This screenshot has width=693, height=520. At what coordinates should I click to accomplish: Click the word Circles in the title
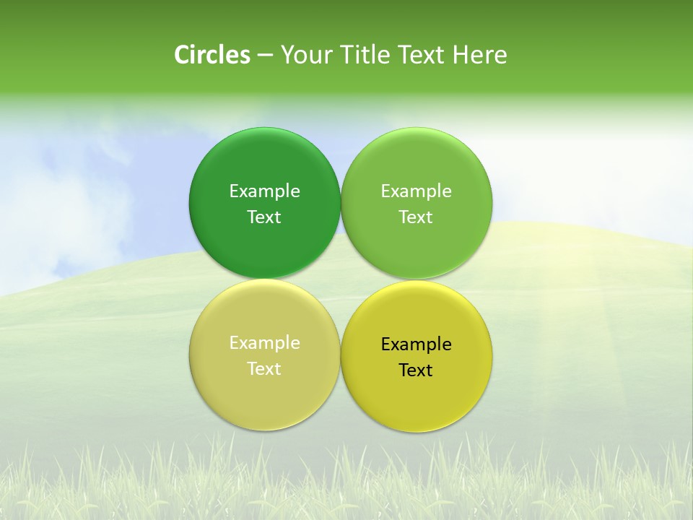(212, 55)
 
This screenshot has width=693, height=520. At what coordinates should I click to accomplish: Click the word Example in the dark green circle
(264, 191)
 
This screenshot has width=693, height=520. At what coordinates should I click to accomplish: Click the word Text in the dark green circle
(264, 217)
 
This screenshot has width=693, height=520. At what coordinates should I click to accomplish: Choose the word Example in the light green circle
(416, 191)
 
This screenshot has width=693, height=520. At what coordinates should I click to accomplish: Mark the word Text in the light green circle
(416, 217)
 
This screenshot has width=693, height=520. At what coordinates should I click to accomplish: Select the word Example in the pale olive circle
(264, 343)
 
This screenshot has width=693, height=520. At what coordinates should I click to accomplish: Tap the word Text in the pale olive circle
(264, 369)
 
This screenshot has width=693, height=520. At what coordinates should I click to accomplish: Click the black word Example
(416, 344)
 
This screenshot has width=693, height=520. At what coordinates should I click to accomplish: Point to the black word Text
(416, 370)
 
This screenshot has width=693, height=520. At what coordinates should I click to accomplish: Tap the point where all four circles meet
(341, 279)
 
